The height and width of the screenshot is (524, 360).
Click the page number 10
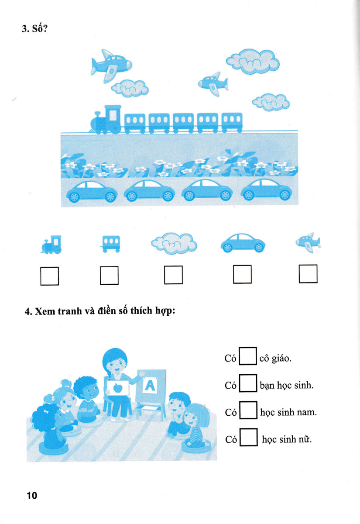(x=32, y=495)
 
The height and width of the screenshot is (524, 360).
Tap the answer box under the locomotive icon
(x=50, y=276)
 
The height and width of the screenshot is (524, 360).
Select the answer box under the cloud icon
(x=173, y=275)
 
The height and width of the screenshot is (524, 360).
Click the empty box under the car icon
(x=242, y=274)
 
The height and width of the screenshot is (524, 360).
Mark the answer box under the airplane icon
(x=308, y=274)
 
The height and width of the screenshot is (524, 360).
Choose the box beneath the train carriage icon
(x=109, y=276)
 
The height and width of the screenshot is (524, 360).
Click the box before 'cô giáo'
(x=248, y=356)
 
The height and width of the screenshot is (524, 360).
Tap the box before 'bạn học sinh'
(x=248, y=383)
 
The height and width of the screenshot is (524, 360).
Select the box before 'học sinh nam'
(x=248, y=410)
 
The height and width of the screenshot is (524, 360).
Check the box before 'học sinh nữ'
(x=248, y=437)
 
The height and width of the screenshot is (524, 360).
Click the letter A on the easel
(x=150, y=385)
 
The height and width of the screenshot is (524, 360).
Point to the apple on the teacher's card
(x=118, y=388)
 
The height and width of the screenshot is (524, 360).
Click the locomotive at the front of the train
(x=106, y=119)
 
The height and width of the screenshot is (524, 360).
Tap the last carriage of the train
(x=232, y=123)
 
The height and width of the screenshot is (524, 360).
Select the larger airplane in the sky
(x=111, y=65)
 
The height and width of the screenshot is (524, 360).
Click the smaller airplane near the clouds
(x=213, y=84)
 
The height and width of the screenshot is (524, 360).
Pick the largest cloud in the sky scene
(x=253, y=61)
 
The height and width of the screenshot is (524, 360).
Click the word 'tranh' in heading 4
(x=69, y=311)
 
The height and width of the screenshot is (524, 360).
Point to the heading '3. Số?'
(x=34, y=28)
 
